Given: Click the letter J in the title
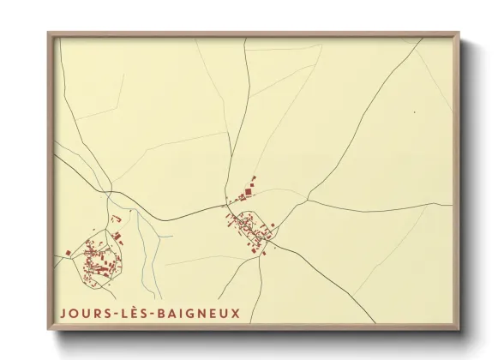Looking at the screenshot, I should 63,313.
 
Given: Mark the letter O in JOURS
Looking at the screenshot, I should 73,313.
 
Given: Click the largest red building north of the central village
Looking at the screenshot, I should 251,181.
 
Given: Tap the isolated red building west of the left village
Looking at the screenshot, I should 69,252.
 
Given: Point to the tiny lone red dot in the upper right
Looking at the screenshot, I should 414,111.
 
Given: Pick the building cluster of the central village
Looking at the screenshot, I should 251,227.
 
